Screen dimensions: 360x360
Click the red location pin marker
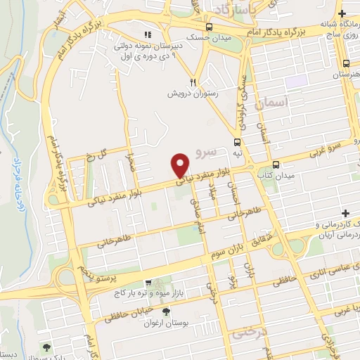[181, 165]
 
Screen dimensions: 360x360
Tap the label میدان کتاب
[273, 174]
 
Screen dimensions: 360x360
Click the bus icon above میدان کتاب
[275, 165]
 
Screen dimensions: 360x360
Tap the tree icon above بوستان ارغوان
[167, 311]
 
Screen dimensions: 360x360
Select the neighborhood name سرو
[210, 150]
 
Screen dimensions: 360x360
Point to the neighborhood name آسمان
[274, 103]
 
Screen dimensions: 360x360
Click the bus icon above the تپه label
[237, 141]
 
